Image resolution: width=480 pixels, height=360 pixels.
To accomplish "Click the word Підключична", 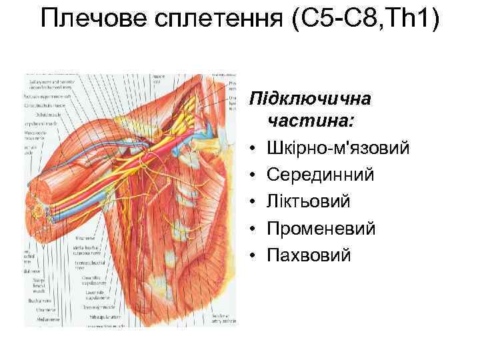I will point(309,99).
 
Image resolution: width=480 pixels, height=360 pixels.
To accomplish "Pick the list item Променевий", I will point(321,228).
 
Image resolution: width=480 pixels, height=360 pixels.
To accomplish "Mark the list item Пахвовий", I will point(308,255).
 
